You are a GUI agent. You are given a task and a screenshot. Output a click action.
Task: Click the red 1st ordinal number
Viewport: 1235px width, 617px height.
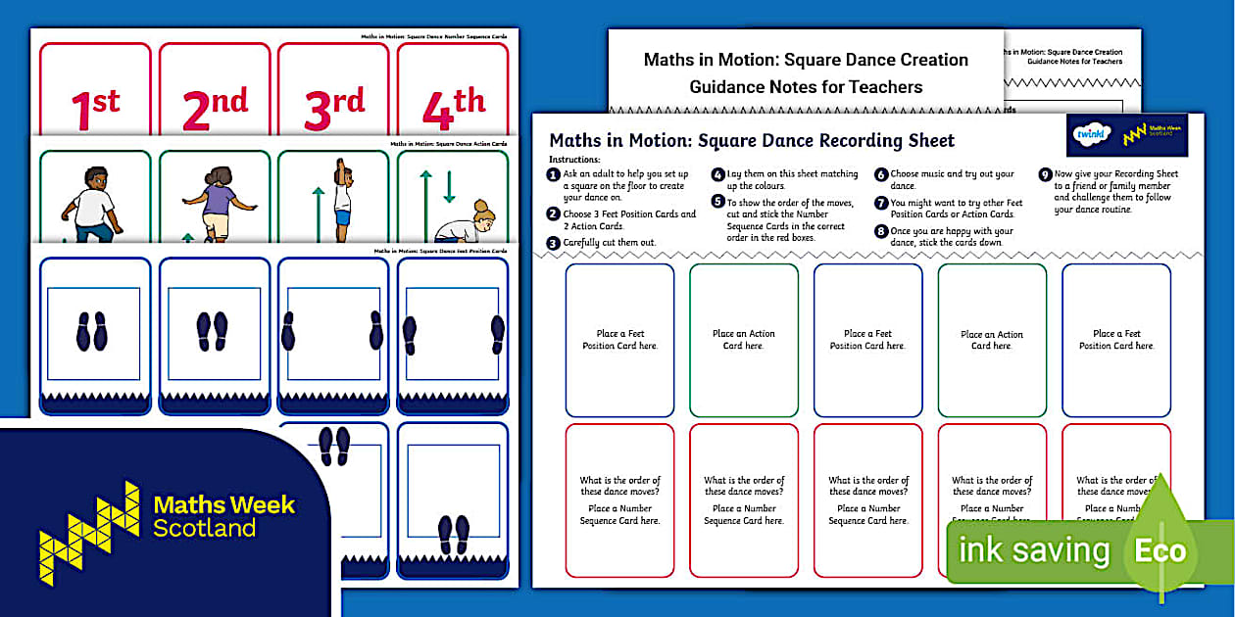95,107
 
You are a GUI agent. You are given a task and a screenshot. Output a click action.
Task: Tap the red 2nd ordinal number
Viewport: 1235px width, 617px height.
215,107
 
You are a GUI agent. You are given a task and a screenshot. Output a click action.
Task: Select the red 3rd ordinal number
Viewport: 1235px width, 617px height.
333,107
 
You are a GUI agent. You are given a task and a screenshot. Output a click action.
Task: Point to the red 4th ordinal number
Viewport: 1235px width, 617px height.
453,107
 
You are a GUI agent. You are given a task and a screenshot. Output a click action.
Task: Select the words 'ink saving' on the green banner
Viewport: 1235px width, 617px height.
1034,550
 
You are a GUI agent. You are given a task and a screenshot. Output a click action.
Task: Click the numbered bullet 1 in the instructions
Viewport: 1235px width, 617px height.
555,175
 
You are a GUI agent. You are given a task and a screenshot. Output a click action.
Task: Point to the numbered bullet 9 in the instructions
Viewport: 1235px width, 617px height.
1045,175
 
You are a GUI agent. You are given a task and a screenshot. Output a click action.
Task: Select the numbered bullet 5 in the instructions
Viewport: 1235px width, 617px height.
717,203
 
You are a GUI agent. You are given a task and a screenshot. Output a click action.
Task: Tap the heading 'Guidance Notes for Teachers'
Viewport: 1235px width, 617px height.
806,87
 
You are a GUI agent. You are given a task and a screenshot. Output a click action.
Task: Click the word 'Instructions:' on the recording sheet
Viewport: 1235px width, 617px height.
574,159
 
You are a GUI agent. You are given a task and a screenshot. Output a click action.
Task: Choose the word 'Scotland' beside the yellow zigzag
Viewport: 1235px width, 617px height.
204,529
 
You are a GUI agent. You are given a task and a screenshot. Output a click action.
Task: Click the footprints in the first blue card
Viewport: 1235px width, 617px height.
92,332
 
